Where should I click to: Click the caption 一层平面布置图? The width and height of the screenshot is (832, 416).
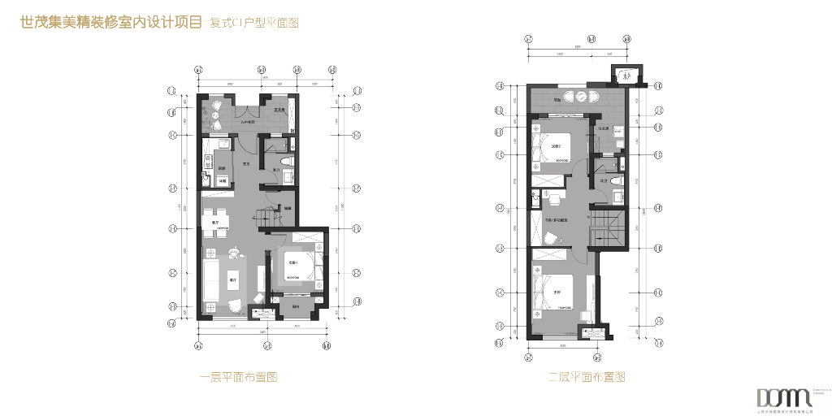click(x=239, y=377)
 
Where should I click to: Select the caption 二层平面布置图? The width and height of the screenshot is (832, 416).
click(x=586, y=377)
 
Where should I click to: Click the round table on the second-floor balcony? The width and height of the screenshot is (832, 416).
click(x=582, y=97)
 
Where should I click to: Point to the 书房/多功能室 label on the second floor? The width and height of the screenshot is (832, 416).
click(x=556, y=220)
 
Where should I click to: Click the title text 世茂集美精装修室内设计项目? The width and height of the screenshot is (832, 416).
click(x=110, y=23)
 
